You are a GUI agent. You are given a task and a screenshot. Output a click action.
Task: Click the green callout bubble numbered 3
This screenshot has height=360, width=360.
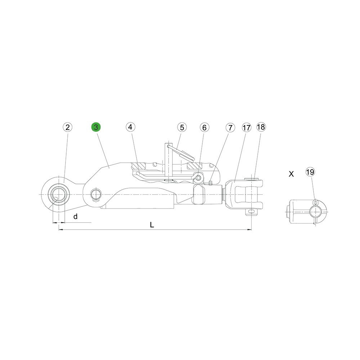(96, 127)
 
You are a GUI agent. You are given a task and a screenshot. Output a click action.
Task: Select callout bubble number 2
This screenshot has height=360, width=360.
(68, 127)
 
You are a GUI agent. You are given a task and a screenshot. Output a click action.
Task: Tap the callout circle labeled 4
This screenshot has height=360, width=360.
(130, 127)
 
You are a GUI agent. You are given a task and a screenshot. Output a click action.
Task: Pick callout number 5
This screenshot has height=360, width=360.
(182, 127)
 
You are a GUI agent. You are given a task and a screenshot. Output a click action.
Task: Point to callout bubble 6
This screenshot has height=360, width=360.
(204, 127)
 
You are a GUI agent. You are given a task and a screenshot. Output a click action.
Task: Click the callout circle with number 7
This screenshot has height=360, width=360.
(230, 127)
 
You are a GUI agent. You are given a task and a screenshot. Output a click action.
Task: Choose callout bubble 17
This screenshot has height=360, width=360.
(247, 127)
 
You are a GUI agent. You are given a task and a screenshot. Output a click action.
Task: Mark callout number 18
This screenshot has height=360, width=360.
(261, 127)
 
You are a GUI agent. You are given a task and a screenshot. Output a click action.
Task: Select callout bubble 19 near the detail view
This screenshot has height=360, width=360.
(310, 172)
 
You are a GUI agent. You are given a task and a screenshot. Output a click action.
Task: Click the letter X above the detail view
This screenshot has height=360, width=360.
(291, 174)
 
